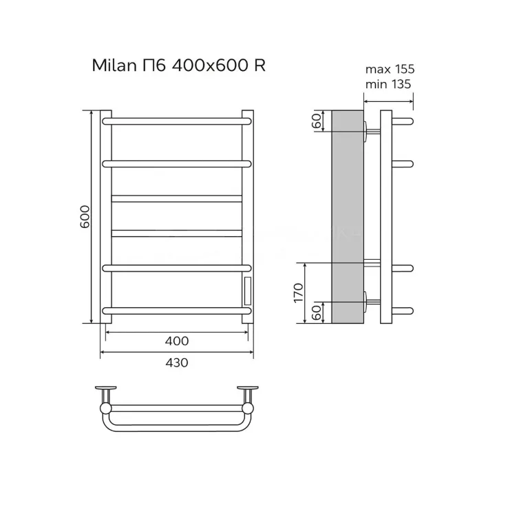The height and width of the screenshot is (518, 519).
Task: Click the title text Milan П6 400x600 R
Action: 179,65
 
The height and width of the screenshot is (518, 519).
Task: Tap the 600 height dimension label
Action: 85,216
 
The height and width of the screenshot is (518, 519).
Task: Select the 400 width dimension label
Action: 177,341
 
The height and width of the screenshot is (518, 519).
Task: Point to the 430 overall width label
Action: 177,362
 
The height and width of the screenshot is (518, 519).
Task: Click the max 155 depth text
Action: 390,69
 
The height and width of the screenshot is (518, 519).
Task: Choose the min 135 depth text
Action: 388,84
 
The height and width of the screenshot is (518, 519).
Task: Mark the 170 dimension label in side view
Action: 299,293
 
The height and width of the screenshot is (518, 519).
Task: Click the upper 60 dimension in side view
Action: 317,121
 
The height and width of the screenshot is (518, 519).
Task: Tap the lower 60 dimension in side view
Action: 317,312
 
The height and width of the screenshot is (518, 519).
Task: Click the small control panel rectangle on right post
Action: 248,291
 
